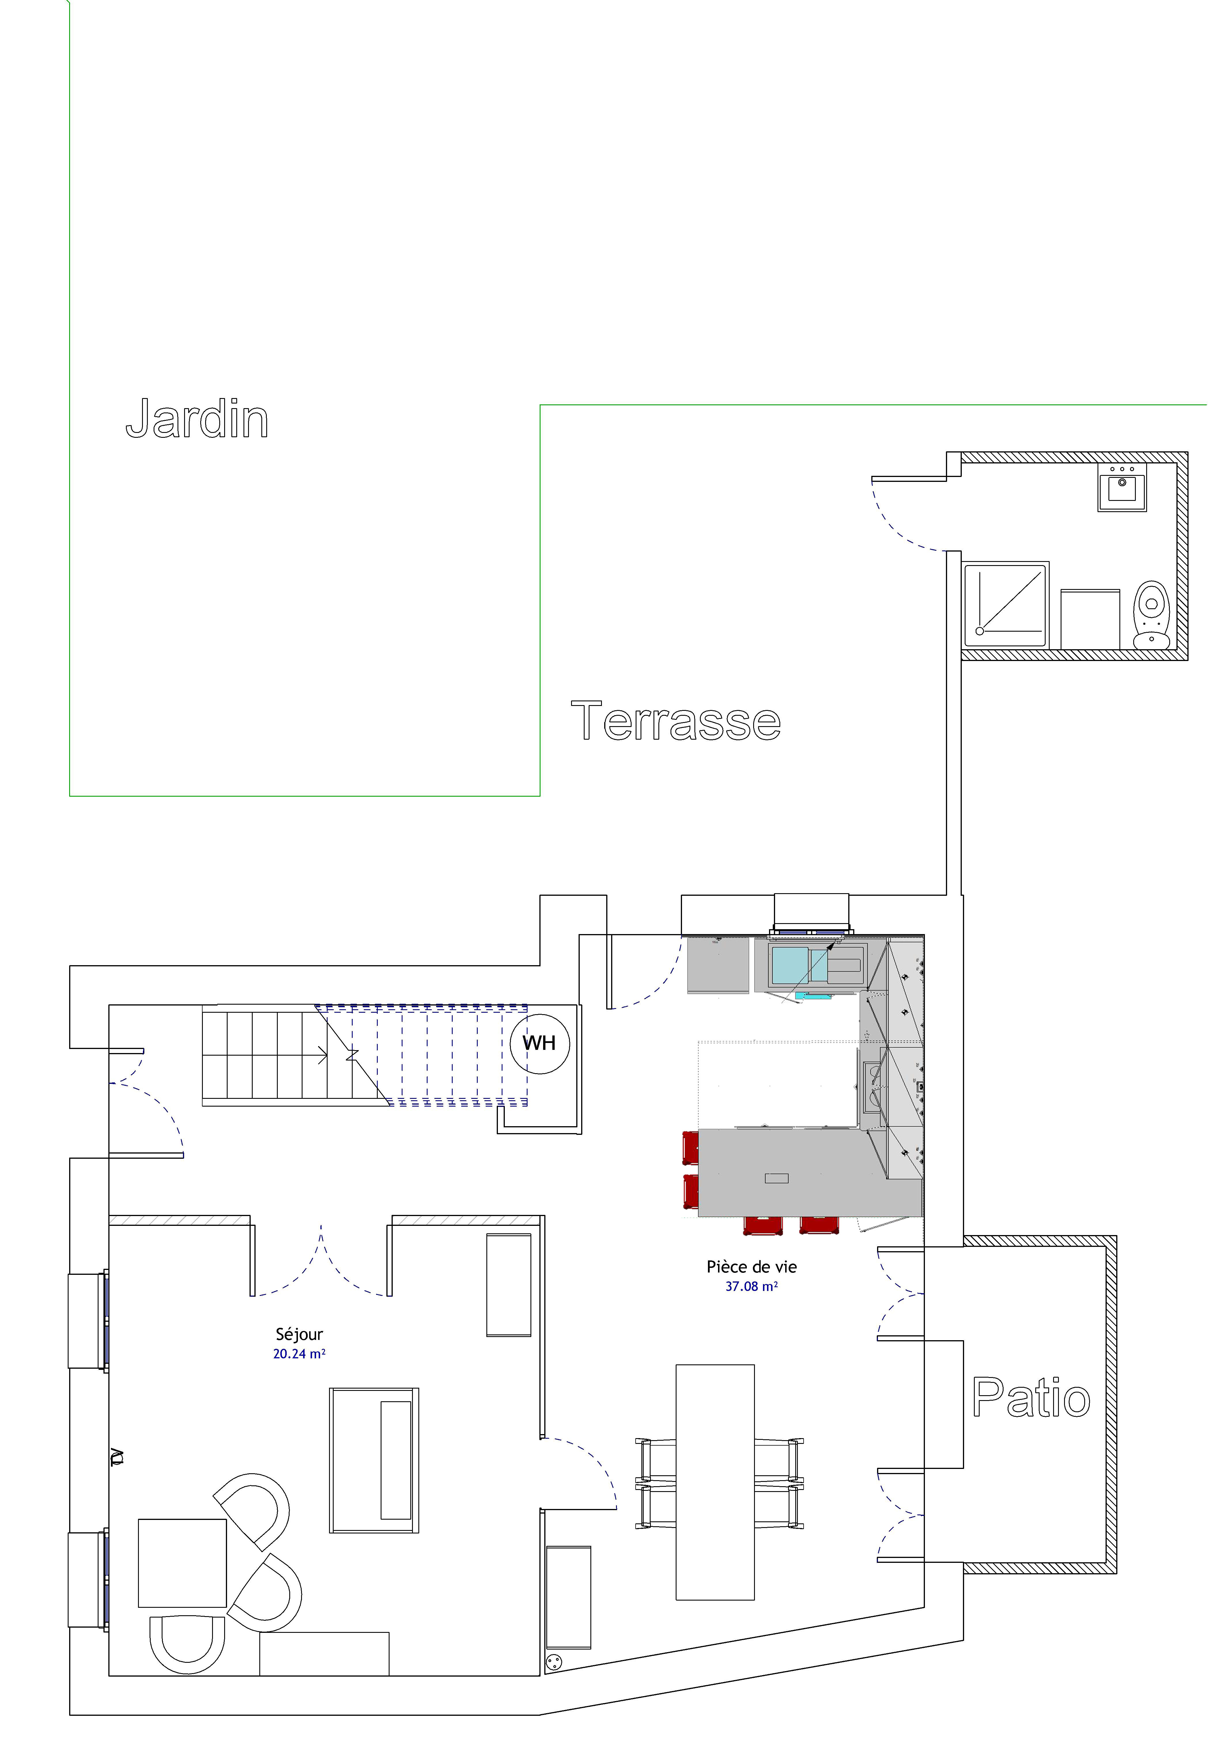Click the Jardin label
pyautogui.click(x=197, y=419)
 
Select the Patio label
pyautogui.click(x=1031, y=1398)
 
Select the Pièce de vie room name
pyautogui.click(x=751, y=1266)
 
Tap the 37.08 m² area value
pyautogui.click(x=751, y=1286)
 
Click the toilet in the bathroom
pyautogui.click(x=1151, y=614)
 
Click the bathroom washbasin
pyautogui.click(x=1122, y=487)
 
